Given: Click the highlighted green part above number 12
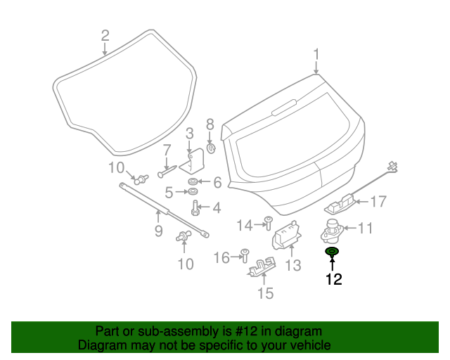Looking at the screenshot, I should tap(332, 252).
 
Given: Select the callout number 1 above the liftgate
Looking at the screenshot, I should tap(316, 54).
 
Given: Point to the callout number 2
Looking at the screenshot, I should tap(105, 34).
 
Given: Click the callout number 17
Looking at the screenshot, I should tap(378, 202).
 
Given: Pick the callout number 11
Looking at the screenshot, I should tap(366, 228).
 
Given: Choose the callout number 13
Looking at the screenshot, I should tap(292, 266).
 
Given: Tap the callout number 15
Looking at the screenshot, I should tap(264, 293).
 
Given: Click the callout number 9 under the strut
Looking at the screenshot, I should tap(158, 231).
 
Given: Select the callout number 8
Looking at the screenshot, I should tap(209, 124).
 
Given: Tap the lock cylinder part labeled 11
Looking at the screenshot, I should tap(332, 229).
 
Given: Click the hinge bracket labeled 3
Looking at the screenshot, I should tap(192, 162).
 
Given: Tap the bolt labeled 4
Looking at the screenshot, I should tap(195, 209).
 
